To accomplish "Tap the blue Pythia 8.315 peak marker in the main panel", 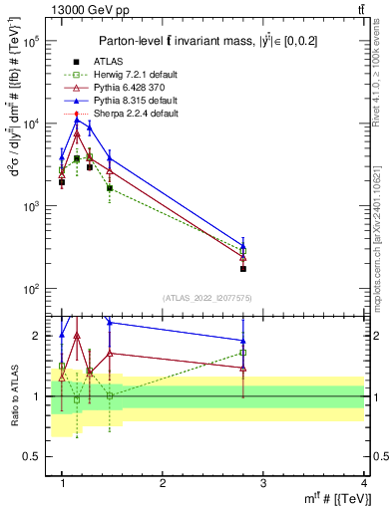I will [77, 120].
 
